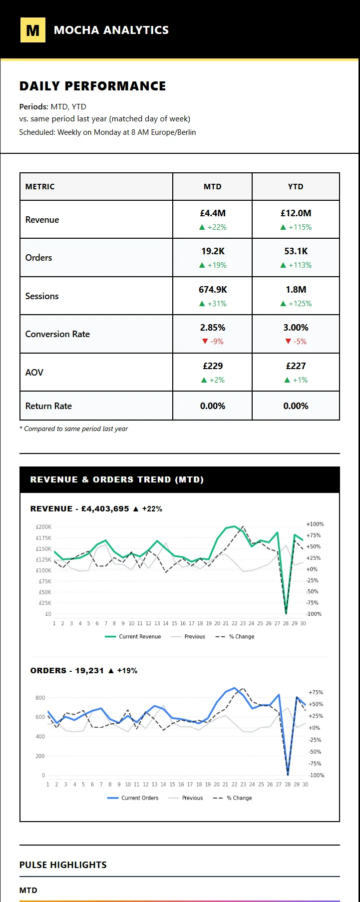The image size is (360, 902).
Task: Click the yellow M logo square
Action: (32, 30)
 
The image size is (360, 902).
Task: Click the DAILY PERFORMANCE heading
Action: (92, 86)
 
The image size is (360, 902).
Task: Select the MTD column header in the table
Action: (212, 186)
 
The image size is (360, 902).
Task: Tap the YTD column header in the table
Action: (296, 186)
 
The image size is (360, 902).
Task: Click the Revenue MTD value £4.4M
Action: (213, 213)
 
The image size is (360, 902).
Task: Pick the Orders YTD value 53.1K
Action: (296, 251)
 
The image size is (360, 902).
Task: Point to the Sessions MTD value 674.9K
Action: (213, 290)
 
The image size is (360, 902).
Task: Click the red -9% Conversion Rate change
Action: (213, 342)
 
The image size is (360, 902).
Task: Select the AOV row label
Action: (34, 373)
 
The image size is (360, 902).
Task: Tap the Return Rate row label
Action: (48, 406)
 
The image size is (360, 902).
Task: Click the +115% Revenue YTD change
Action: (296, 227)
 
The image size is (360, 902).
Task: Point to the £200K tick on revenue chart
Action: (43, 527)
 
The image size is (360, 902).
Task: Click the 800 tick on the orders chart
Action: (40, 698)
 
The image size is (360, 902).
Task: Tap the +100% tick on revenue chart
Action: (315, 524)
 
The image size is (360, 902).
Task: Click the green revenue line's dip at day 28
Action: (286, 612)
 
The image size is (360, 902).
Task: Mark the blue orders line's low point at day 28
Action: (288, 774)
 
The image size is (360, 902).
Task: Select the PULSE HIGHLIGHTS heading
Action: (63, 865)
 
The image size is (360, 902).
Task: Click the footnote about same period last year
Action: (74, 429)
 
